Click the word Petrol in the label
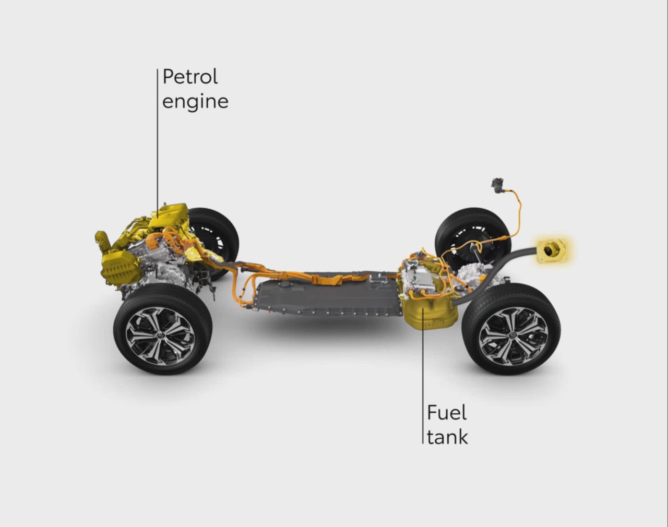coord(190,77)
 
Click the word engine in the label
coord(195,101)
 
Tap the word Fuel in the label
coord(446,413)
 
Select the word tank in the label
coord(447,437)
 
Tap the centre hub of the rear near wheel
coord(513,331)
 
